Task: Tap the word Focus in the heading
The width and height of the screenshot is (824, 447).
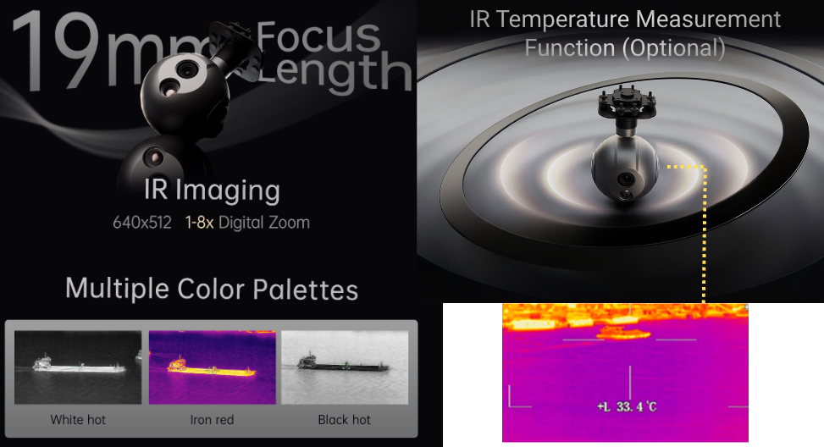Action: click(318, 36)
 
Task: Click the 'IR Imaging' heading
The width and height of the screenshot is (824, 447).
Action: click(212, 190)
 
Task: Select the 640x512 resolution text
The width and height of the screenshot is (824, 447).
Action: click(142, 223)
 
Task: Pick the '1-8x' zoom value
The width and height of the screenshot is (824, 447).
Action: click(199, 223)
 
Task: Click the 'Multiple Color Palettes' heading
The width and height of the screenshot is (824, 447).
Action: click(212, 289)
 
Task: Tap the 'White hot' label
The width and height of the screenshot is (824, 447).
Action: click(78, 420)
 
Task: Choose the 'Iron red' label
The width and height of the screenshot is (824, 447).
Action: click(212, 420)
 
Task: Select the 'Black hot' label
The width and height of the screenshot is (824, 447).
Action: click(344, 420)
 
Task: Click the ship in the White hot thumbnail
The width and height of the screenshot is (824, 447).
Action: click(79, 365)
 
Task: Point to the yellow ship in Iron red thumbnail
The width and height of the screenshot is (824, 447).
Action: click(211, 367)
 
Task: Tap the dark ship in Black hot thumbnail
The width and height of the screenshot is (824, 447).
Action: click(344, 363)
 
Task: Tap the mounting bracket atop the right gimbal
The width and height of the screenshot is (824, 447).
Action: click(627, 103)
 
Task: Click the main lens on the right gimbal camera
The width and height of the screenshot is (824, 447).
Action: click(625, 179)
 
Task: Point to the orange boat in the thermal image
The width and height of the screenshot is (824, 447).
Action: click(623, 333)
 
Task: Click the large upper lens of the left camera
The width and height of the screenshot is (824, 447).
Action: click(186, 69)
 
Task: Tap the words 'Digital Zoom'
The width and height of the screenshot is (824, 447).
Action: click(264, 223)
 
